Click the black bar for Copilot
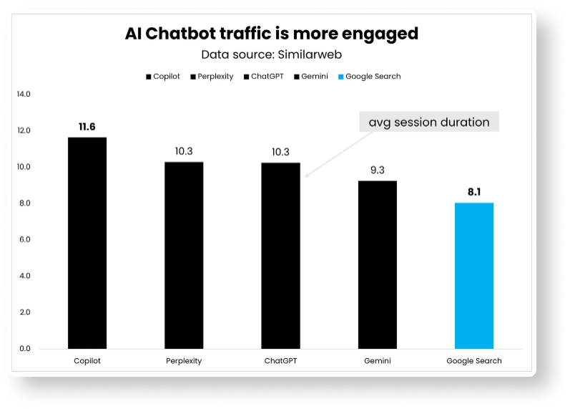(x=87, y=243)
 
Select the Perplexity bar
(x=184, y=255)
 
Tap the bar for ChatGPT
(x=280, y=256)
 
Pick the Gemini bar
(x=377, y=264)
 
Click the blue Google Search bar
(x=474, y=276)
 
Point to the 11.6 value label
(x=87, y=127)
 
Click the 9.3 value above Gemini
(x=377, y=170)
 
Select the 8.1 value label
(x=474, y=192)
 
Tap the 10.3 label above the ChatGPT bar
(x=280, y=152)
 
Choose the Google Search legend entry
(x=373, y=76)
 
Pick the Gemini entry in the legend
(x=313, y=76)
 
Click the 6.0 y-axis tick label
(x=25, y=239)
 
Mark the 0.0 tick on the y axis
(x=25, y=349)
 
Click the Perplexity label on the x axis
(x=184, y=361)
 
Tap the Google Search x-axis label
(x=474, y=361)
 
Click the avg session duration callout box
(x=429, y=122)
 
